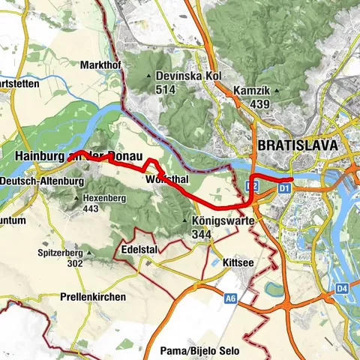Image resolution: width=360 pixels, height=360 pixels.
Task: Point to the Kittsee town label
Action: tap(238, 263)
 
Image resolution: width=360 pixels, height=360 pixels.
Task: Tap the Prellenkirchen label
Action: tap(93, 297)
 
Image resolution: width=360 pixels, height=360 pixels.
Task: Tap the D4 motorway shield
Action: tap(342, 287)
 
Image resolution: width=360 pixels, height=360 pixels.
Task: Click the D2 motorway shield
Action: tap(253, 185)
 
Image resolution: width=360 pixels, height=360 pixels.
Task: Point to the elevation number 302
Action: tap(74, 264)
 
